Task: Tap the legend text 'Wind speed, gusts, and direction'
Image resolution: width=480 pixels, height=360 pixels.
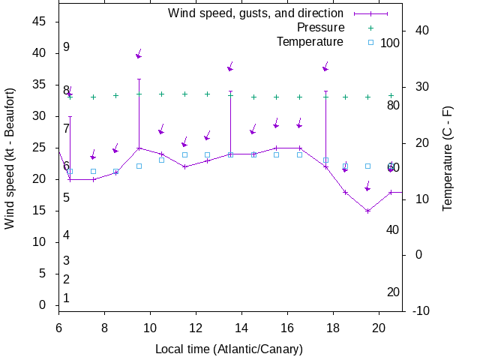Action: (256, 13)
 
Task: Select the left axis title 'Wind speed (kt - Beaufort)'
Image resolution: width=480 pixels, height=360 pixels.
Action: (10, 163)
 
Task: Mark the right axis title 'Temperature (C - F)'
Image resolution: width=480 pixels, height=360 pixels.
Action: (448, 158)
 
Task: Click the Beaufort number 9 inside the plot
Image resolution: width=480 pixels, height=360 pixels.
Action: (66, 47)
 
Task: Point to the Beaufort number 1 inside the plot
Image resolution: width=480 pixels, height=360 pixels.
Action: (66, 298)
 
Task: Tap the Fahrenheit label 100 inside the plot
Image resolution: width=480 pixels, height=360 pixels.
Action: (390, 43)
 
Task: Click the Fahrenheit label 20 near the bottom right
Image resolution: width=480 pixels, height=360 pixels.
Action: (393, 292)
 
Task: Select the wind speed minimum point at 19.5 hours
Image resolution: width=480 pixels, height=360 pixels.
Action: (367, 211)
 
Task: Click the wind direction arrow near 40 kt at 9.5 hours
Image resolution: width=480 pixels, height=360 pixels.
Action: (139, 55)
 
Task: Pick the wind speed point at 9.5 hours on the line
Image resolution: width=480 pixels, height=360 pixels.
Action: (139, 148)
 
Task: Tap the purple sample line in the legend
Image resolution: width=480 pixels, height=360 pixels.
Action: (367, 13)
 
